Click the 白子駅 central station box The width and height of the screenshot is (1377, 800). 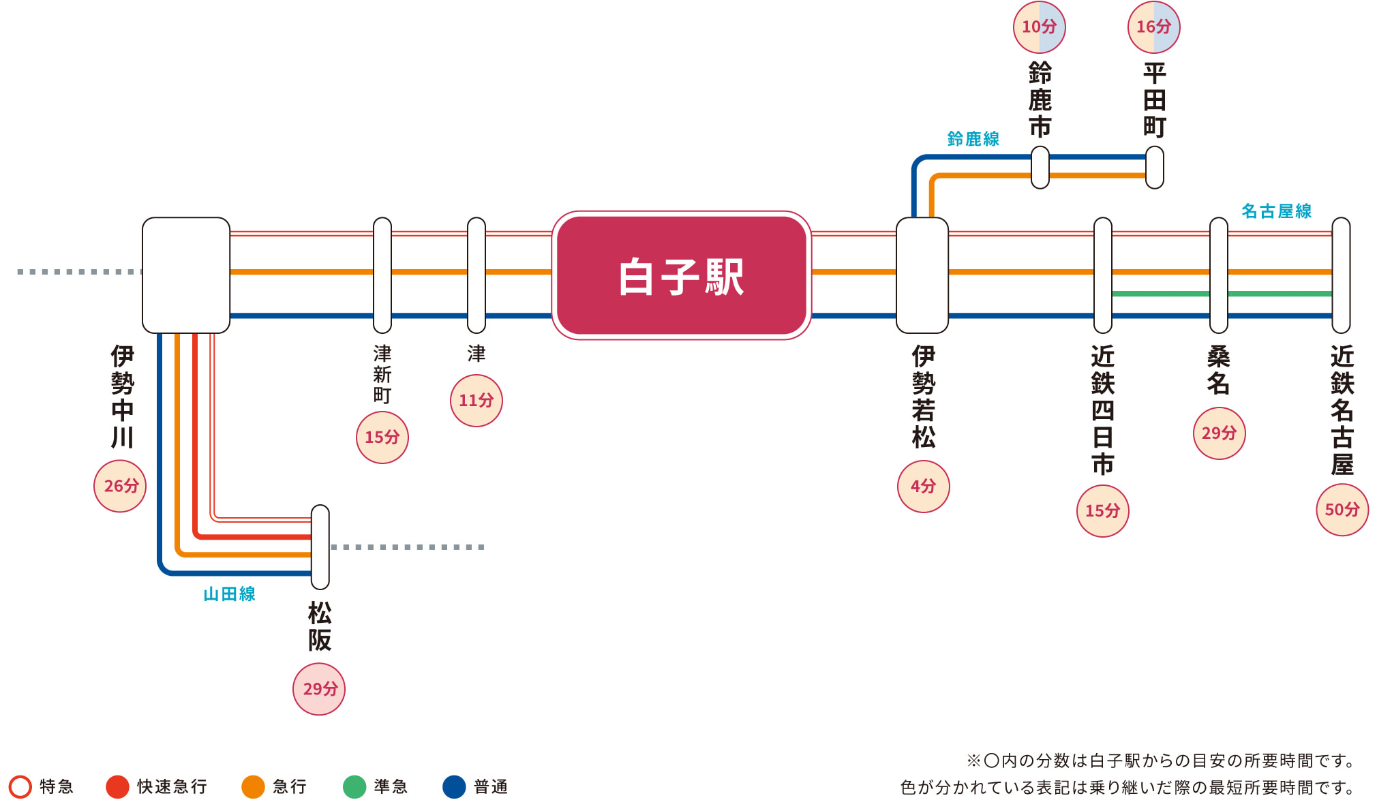click(x=681, y=276)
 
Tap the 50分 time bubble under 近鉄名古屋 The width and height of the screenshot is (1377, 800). click(x=1342, y=510)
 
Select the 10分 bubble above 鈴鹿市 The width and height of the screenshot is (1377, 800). click(x=1039, y=27)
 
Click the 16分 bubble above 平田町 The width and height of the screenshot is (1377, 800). click(x=1153, y=27)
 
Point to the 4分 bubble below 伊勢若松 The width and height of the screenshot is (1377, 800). click(x=923, y=487)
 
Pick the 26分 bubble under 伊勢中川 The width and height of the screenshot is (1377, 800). click(x=120, y=486)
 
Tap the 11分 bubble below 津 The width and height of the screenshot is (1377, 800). click(x=476, y=401)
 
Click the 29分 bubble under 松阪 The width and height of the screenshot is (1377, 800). click(x=319, y=689)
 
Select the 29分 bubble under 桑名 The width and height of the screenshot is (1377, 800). click(x=1219, y=433)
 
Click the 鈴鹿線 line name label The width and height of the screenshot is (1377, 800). click(x=973, y=139)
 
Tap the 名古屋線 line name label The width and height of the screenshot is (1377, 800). click(x=1276, y=211)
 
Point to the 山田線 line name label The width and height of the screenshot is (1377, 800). click(x=229, y=594)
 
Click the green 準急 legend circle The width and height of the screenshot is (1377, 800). click(x=354, y=786)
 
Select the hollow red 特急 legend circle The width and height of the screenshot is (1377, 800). click(x=20, y=786)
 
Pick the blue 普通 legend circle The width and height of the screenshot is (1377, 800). click(x=454, y=786)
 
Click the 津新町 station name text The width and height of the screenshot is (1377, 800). click(x=382, y=374)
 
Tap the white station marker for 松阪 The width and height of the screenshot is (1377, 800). click(x=320, y=547)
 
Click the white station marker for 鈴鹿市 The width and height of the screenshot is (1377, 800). click(x=1040, y=168)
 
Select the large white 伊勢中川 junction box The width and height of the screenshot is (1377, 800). click(x=185, y=275)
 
